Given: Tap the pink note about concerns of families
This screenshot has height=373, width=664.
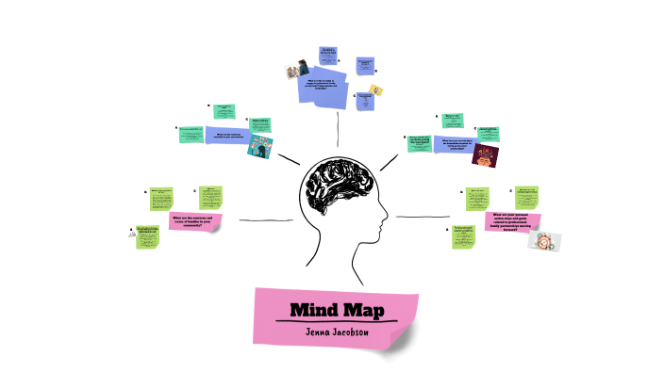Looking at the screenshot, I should coord(192,222).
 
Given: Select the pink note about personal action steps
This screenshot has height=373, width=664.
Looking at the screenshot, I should coord(512,222).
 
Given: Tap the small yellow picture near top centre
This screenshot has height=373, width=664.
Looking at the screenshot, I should coord(375,89).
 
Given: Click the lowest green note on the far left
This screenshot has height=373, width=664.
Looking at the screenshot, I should coord(147,236).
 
